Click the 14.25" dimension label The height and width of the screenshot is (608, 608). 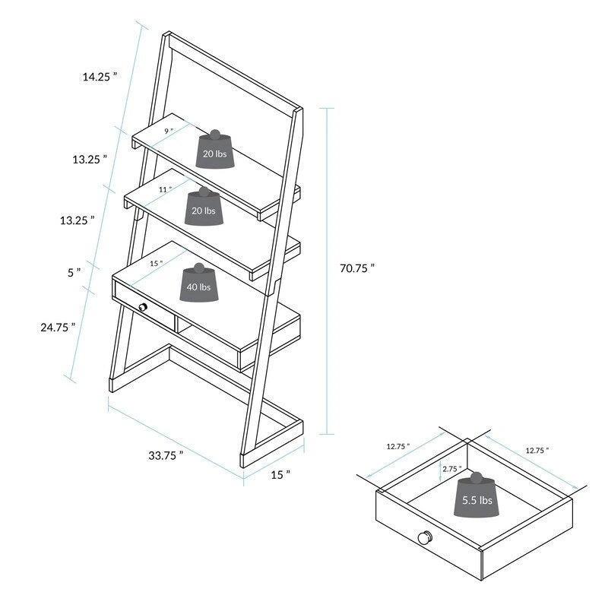coord(100,76)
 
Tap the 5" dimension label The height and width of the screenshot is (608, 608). coord(73,271)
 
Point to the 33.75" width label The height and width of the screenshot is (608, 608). coord(166,456)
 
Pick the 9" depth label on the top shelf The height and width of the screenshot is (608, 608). coord(168,131)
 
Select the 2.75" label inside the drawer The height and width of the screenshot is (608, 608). coord(451,469)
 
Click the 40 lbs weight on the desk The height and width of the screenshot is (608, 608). coord(200,287)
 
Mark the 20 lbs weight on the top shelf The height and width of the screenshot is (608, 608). coord(214,153)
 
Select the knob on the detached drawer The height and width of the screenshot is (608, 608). coord(424,537)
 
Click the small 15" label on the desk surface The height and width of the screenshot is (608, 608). coord(157,263)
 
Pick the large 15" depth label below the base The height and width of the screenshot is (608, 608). coord(280,475)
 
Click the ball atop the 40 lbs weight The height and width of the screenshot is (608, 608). coord(199,268)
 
